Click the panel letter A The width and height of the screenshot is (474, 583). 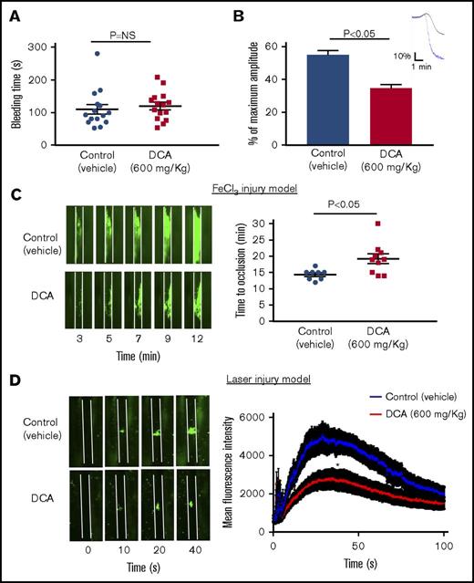click(x=16, y=15)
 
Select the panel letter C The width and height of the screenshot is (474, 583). click(x=16, y=194)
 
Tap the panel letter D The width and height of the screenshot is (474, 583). click(x=16, y=375)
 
